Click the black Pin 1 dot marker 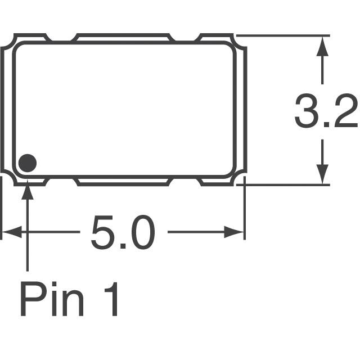pyautogui.click(x=27, y=163)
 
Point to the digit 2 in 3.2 pyautogui.click(x=344, y=112)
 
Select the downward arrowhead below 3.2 pyautogui.click(x=322, y=174)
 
